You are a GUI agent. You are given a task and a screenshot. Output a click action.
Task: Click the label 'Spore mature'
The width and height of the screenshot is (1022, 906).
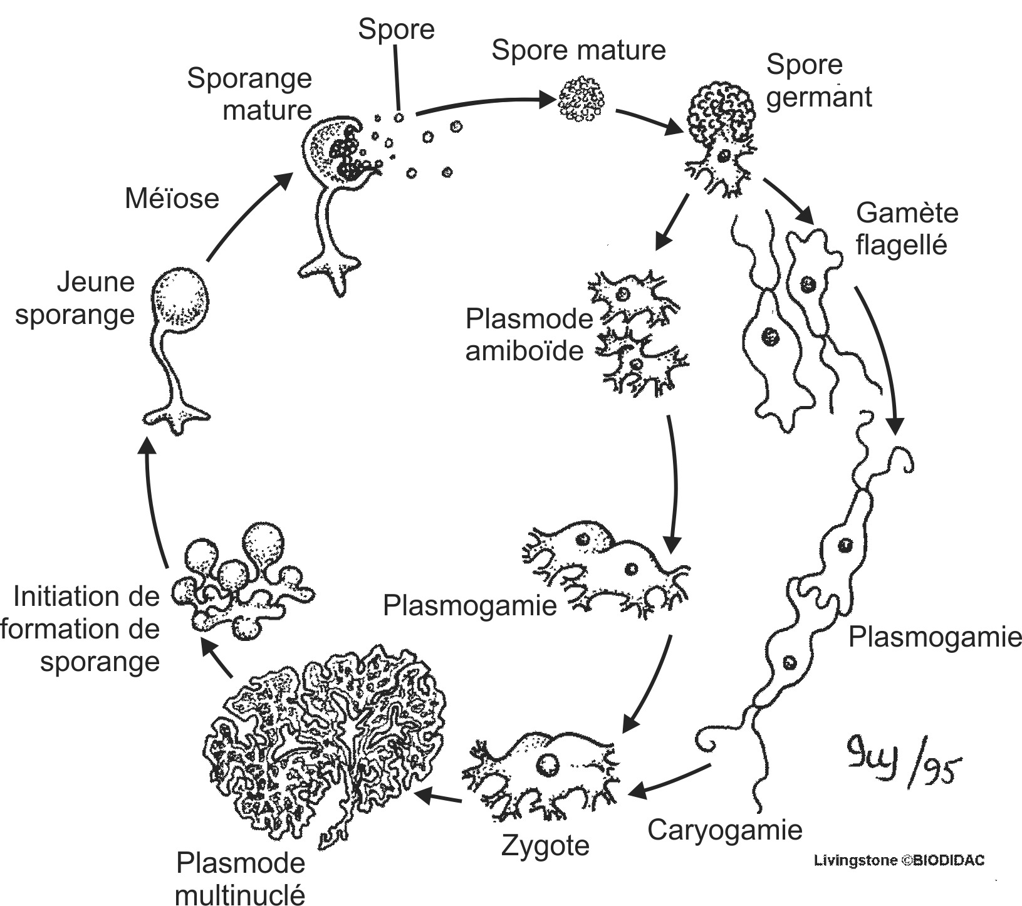[578, 50]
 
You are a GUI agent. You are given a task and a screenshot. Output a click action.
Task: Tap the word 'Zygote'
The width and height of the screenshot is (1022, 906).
[545, 846]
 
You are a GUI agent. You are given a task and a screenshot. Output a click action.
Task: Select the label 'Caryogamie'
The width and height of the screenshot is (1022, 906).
[724, 830]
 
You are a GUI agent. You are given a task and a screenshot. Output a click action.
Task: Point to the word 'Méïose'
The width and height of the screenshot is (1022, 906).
[172, 198]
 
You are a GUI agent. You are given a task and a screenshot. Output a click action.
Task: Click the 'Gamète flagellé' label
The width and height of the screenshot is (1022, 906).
[906, 229]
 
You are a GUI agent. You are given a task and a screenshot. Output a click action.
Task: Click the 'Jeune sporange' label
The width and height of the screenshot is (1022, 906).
[75, 298]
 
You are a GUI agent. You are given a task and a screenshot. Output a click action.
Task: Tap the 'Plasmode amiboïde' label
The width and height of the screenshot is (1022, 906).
[528, 335]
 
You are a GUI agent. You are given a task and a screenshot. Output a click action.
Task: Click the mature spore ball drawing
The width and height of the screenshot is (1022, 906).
[581, 98]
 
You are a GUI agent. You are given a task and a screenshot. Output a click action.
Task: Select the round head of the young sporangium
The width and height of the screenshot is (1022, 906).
[180, 298]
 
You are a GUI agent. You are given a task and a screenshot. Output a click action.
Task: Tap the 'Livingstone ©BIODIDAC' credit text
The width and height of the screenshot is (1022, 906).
[899, 860]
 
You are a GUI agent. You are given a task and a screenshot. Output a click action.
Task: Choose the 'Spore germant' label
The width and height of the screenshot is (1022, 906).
[818, 81]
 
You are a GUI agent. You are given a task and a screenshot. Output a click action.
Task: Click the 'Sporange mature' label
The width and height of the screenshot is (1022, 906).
[250, 94]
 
